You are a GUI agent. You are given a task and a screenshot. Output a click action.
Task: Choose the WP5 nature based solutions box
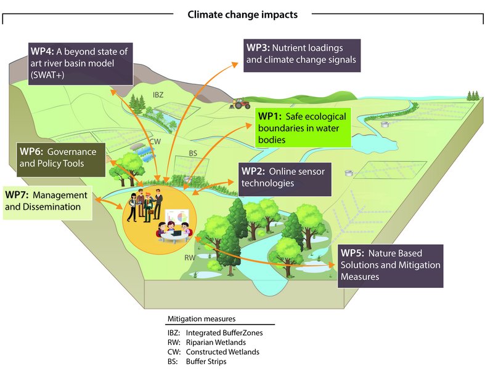[x=390, y=265]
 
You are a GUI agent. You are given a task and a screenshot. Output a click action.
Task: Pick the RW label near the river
[x=190, y=258]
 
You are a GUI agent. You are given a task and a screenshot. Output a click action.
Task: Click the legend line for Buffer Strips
[x=197, y=362]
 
